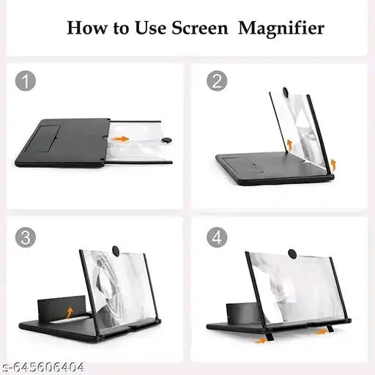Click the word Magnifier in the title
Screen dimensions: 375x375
coord(281,29)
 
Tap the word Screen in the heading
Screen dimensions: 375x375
coord(200,28)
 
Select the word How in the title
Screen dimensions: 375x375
coord(87,28)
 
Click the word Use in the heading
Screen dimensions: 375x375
coord(150,28)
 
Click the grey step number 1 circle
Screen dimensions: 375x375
coord(26,81)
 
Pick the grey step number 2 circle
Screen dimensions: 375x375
coord(217,81)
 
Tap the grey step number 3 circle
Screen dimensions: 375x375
coord(26,237)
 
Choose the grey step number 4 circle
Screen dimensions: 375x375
coord(217,237)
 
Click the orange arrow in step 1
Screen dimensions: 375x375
coord(120,139)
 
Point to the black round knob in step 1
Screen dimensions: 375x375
coord(167,140)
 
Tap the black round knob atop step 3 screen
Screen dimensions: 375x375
coord(116,251)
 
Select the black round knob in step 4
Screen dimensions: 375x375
coord(292,253)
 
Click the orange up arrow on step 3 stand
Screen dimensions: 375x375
coord(70,312)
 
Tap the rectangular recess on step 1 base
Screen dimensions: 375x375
coord(45,138)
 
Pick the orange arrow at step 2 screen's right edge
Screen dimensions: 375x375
coord(333,165)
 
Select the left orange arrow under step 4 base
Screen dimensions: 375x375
coord(260,340)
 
